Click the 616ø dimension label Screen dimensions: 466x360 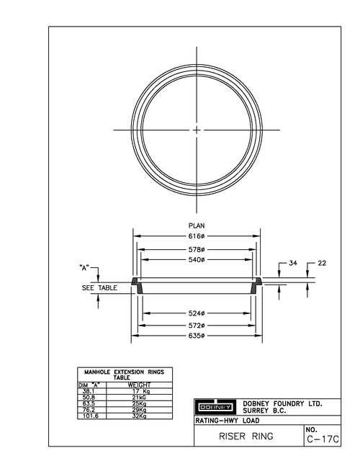click(197, 236)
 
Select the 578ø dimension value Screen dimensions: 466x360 click(197, 248)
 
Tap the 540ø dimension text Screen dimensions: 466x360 click(197, 260)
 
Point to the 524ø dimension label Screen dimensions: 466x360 click(197, 313)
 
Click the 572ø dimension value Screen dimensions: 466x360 click(197, 326)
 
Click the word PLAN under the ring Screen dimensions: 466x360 click(197, 225)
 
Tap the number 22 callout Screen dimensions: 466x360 click(322, 263)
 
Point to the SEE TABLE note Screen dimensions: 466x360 click(94, 287)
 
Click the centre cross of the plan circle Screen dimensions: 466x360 click(197, 130)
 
